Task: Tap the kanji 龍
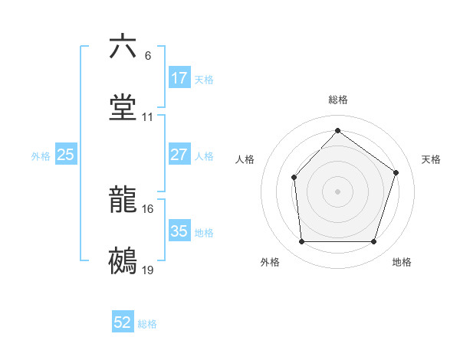coord(123,200)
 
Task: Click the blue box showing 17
coord(179,78)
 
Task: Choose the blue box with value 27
coord(179,155)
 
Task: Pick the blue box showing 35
coord(179,231)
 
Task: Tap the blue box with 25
coord(66,155)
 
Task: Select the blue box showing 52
coord(123,323)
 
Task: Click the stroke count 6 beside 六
coord(148,56)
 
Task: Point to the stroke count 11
coord(148,118)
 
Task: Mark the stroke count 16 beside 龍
coord(148,209)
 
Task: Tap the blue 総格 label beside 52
coord(147,324)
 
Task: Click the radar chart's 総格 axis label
coord(337,100)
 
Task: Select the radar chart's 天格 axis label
coord(431,159)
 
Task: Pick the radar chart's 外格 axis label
coord(270,263)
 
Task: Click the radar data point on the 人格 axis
coord(294,178)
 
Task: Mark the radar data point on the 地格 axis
coord(373,242)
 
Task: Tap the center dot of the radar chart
coord(337,191)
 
